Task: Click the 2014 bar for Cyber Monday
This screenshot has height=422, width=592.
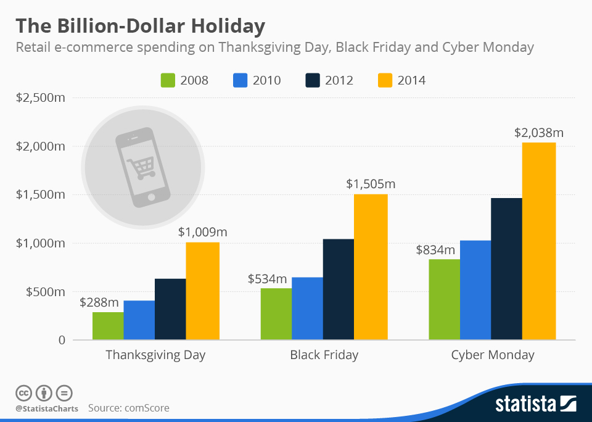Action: coord(538,241)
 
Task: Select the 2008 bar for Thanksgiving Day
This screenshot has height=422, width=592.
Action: coord(108,326)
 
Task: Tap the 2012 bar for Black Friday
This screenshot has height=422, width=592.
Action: coord(338,289)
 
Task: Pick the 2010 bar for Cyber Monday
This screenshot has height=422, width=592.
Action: coord(475,290)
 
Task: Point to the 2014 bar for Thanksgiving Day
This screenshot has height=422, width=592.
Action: coord(202,291)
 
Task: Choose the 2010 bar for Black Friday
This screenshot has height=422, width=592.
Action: coord(307,308)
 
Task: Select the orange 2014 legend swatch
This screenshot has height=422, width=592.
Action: coord(385,80)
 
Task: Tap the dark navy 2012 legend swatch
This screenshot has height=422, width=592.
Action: coord(313,80)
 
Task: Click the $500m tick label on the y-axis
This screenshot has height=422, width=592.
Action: coord(45,292)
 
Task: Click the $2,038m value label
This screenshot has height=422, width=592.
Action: coord(538,133)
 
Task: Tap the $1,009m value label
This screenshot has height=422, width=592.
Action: coord(203,233)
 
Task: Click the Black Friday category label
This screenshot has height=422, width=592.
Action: coord(324,355)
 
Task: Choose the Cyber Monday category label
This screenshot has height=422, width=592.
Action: coord(493,355)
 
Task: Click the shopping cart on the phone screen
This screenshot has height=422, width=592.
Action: coord(141,166)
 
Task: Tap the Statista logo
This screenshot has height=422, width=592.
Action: coord(536,404)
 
